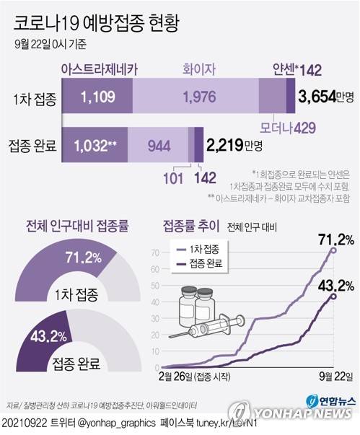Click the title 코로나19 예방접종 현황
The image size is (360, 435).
[x=97, y=22]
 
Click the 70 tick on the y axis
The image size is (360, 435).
[x=154, y=253]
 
